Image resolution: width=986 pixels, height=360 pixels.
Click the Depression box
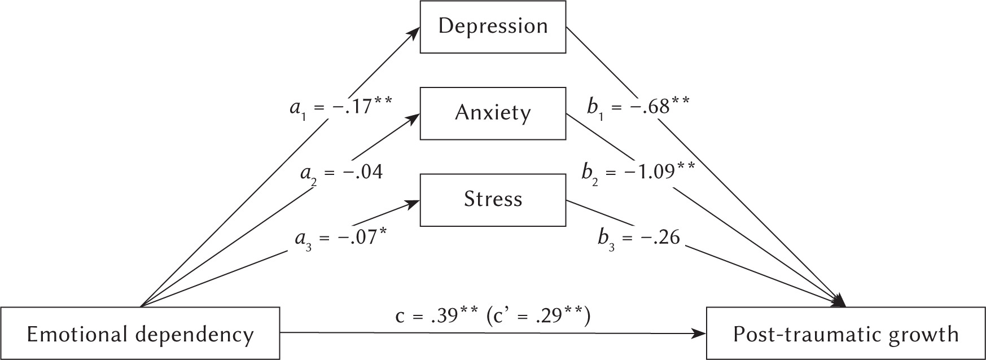[493, 27]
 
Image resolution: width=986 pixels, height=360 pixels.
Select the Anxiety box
[493, 113]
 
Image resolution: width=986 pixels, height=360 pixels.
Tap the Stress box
[493, 200]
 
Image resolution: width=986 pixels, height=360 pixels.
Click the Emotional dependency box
[140, 334]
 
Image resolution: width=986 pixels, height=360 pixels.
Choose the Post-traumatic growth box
[845, 334]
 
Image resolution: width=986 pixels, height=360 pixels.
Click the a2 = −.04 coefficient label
[341, 172]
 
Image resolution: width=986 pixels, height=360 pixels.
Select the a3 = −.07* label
[341, 238]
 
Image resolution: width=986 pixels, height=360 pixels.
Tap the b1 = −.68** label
[638, 105]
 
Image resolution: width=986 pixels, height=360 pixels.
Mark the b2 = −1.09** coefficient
[638, 172]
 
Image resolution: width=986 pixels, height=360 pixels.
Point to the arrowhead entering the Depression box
[416, 31]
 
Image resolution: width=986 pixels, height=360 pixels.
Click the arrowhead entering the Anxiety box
[416, 117]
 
